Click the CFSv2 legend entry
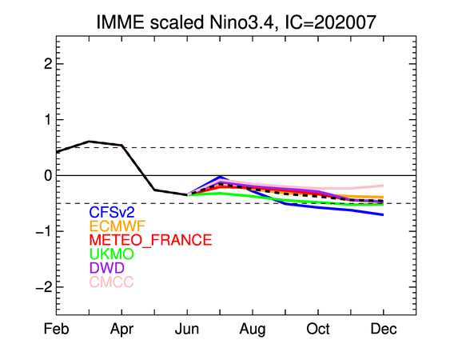(x=112, y=212)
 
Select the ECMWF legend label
(x=117, y=226)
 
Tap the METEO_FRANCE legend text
(x=151, y=240)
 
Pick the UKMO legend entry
(x=112, y=254)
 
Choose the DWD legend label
(x=107, y=268)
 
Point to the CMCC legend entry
(x=112, y=282)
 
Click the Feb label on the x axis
(x=56, y=329)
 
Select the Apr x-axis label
(x=121, y=330)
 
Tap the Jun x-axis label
(x=187, y=329)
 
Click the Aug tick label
(x=253, y=330)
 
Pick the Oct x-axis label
(x=318, y=329)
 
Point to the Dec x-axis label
(x=384, y=329)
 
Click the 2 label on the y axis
(x=48, y=64)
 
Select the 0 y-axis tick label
(x=48, y=175)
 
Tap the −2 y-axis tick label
(x=44, y=287)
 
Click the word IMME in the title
(x=120, y=22)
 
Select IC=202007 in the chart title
(x=330, y=22)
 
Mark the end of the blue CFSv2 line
(x=384, y=214)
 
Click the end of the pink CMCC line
(x=384, y=186)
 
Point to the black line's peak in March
(x=90, y=141)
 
